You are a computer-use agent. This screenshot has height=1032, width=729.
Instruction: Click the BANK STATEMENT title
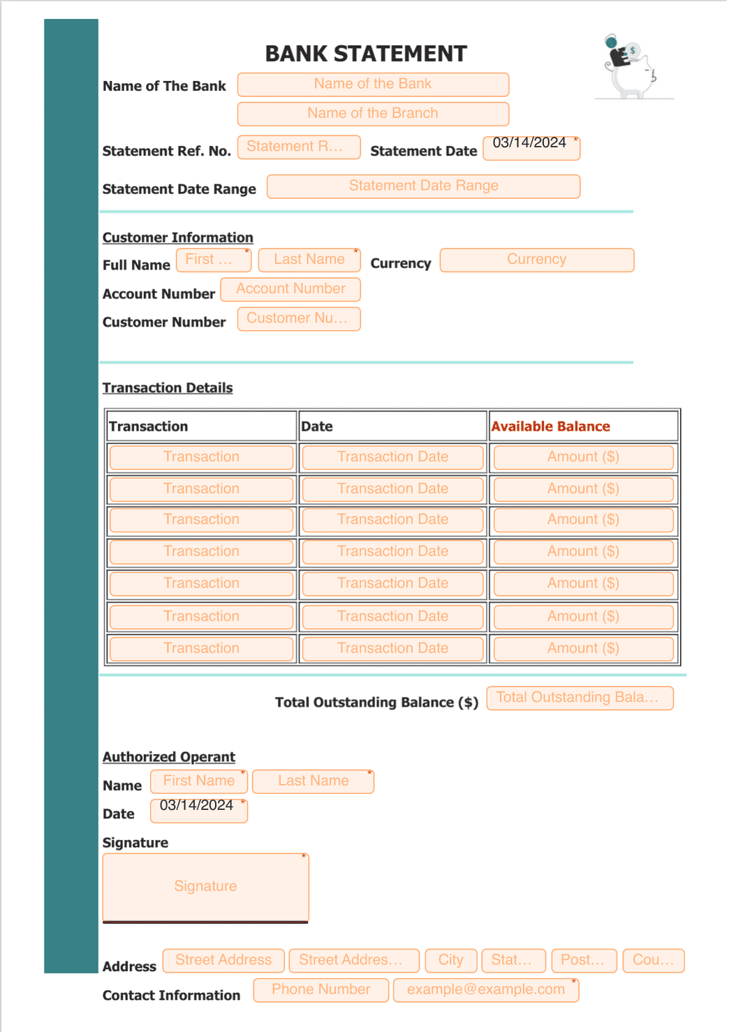(x=365, y=54)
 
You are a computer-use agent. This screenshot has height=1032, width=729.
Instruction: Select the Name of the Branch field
(x=373, y=114)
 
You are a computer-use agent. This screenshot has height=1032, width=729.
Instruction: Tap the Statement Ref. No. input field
(x=299, y=147)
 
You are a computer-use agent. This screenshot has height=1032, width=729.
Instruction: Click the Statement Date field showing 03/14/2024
(x=531, y=147)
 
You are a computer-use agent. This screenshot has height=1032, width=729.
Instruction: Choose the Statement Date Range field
(x=423, y=186)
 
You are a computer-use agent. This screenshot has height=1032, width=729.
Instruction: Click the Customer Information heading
(x=177, y=237)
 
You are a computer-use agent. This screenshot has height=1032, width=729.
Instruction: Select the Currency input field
(x=536, y=260)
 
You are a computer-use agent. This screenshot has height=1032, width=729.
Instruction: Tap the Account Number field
(x=290, y=289)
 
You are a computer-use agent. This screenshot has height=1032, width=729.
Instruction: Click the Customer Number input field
(x=299, y=319)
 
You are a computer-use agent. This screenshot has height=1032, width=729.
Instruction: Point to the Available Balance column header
(x=550, y=427)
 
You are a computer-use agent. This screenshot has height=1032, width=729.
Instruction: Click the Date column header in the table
(x=317, y=427)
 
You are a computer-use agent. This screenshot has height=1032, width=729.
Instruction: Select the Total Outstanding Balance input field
(x=580, y=698)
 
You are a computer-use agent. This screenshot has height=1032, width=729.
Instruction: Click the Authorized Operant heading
(x=168, y=757)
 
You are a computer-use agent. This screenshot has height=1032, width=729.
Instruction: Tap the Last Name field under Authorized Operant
(x=313, y=781)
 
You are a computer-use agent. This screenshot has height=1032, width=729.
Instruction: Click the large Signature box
(x=205, y=887)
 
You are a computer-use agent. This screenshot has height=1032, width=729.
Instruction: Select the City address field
(x=450, y=960)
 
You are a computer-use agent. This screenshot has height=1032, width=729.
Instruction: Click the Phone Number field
(x=321, y=989)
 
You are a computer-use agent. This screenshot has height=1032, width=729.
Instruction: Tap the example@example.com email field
(x=486, y=989)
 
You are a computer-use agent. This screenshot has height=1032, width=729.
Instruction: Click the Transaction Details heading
(x=168, y=388)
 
